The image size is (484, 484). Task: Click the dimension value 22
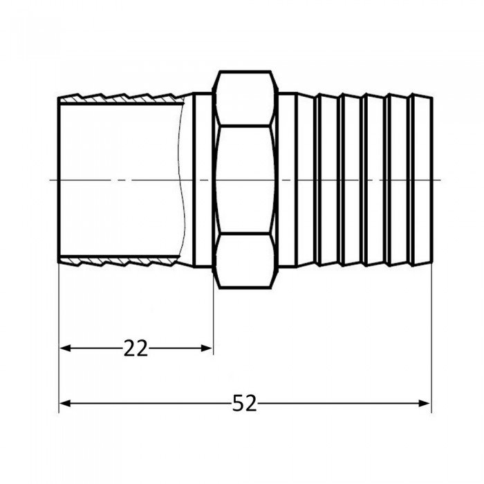coord(136,348)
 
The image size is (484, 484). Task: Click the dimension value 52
coord(244,403)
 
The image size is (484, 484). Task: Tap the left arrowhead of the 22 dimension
coord(66,348)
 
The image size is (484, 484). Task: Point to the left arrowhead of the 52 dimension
coord(66,403)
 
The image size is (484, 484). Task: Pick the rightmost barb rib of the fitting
coord(421,180)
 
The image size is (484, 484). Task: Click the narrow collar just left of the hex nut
coord(202,180)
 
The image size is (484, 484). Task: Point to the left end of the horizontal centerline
coord(52,180)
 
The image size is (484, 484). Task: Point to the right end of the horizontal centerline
coord(440,180)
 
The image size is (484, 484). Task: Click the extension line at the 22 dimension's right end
coord(213,318)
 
